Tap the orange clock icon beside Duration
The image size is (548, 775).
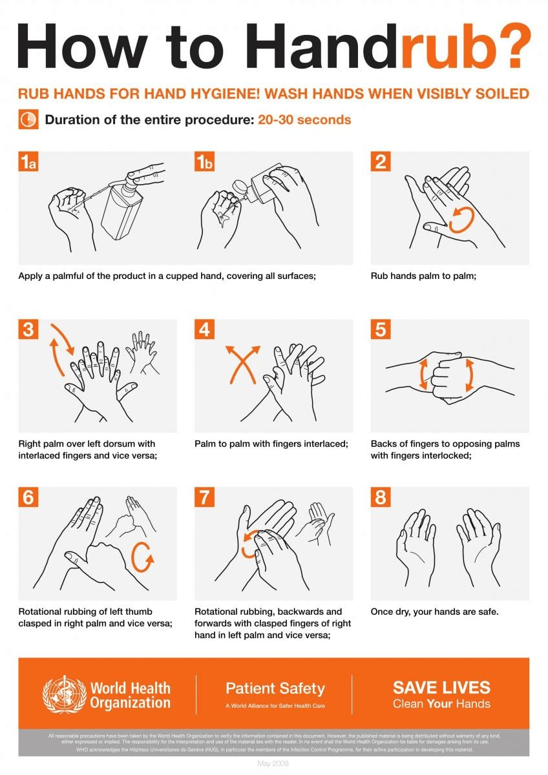pos(28,120)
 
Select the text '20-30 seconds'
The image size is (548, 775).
pos(304,120)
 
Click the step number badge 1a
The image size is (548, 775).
pos(28,162)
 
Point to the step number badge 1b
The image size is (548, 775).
pos(204,162)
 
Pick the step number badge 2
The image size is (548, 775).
pos(381,162)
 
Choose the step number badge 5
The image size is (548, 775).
pos(381,329)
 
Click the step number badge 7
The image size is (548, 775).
pos(204,497)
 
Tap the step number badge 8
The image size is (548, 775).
pos(381,497)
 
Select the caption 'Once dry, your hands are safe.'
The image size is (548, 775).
pos(434,612)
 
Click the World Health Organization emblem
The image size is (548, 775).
pos(63,694)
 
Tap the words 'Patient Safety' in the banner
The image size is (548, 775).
pos(275,688)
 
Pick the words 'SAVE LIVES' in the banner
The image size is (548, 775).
pos(441,687)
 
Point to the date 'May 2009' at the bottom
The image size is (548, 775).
pos(273,765)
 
